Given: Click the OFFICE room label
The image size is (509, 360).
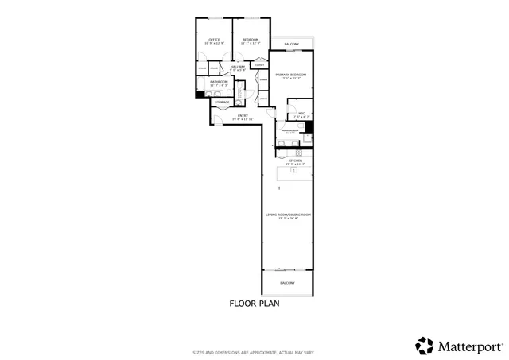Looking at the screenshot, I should pyautogui.click(x=214, y=39).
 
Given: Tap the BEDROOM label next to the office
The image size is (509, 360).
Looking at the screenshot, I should pyautogui.click(x=251, y=39).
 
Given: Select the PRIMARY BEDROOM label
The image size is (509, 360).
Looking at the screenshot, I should pyautogui.click(x=291, y=75).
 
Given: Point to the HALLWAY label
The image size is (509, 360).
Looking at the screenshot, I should pyautogui.click(x=238, y=67).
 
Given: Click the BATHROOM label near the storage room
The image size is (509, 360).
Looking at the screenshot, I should pyautogui.click(x=219, y=82).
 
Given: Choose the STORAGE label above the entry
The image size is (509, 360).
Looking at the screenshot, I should pyautogui.click(x=223, y=102).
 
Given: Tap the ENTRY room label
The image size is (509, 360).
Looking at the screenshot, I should pyautogui.click(x=243, y=116).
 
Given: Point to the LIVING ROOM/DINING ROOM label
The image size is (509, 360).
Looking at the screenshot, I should pyautogui.click(x=288, y=215).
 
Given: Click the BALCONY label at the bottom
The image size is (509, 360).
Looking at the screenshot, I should pyautogui.click(x=288, y=283).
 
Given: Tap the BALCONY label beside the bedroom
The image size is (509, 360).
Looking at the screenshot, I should pyautogui.click(x=292, y=44).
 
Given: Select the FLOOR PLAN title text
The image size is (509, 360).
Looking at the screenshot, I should pyautogui.click(x=254, y=303).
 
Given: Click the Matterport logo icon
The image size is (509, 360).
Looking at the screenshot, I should pyautogui.click(x=425, y=346).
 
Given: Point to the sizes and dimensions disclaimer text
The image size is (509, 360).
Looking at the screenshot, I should pyautogui.click(x=254, y=352).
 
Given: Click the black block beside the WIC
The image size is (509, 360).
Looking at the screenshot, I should pyautogui.click(x=309, y=126).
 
